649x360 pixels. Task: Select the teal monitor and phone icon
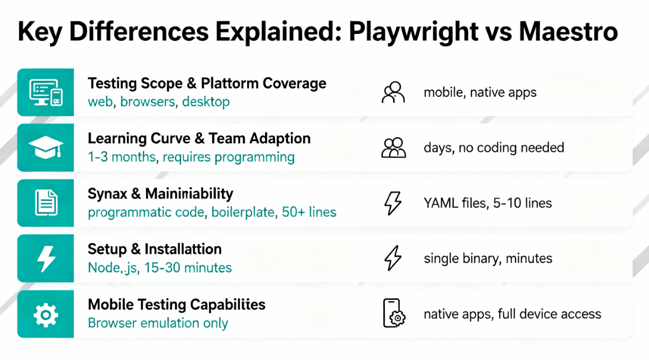point(46,92)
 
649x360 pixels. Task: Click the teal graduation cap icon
point(46,148)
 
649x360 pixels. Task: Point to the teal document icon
point(46,203)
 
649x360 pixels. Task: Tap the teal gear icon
point(46,314)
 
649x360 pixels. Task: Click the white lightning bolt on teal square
point(46,258)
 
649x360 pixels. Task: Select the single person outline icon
point(393,92)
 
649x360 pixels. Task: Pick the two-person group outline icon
point(393,148)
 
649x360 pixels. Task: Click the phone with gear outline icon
point(393,313)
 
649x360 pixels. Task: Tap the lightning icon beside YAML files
point(393,203)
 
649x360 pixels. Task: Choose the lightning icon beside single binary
point(393,258)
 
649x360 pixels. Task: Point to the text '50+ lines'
point(309,212)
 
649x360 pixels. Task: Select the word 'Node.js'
point(112,268)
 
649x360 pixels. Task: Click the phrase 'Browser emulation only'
point(157,323)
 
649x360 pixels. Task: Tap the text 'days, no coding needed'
point(494,148)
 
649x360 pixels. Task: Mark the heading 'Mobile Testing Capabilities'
point(177,305)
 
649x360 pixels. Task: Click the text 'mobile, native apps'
point(480,92)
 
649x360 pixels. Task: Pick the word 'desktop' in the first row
point(206,102)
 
